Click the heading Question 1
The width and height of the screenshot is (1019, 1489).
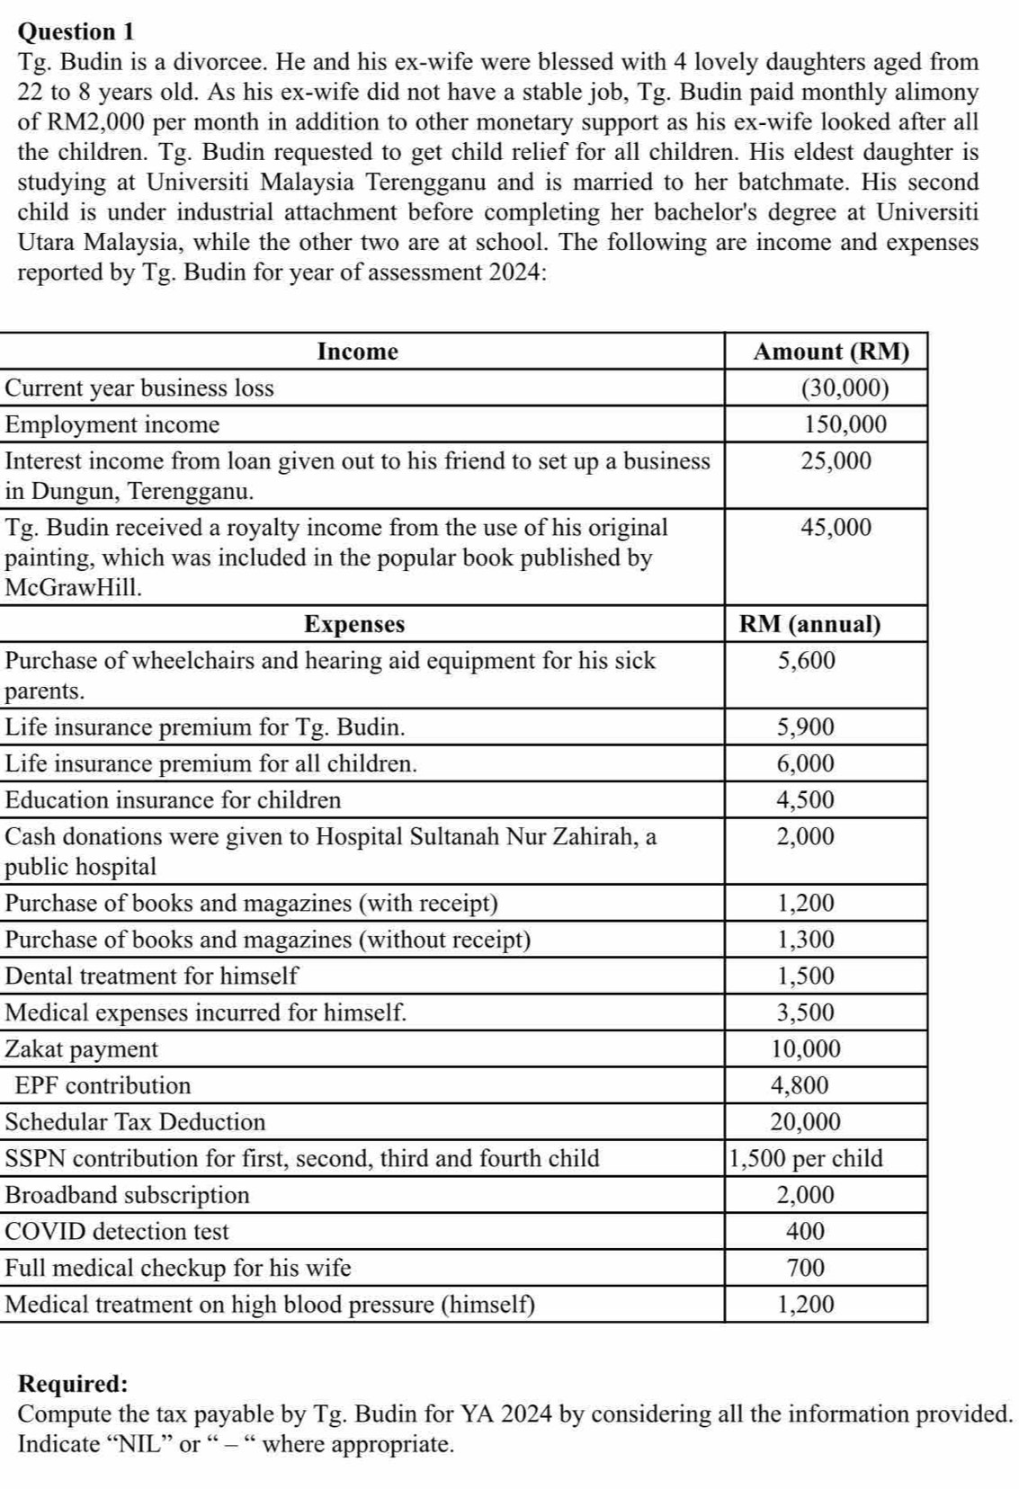[x=76, y=31]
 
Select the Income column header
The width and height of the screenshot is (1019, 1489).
[x=357, y=352]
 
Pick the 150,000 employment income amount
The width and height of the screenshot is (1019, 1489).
[x=845, y=424]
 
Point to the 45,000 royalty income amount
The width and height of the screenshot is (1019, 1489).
[x=836, y=527]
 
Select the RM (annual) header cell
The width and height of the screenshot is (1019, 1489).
[x=809, y=624]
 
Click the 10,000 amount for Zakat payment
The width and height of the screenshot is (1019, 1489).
[x=807, y=1049]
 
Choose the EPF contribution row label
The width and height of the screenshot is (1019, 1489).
[x=103, y=1085]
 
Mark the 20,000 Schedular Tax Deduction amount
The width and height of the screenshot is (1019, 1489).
[x=806, y=1122]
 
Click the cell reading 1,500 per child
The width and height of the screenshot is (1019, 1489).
[x=806, y=1158]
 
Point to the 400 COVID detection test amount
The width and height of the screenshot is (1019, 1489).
[x=806, y=1232]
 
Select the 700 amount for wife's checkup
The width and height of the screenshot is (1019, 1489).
[x=806, y=1268]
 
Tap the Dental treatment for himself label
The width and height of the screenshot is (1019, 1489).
[x=152, y=976]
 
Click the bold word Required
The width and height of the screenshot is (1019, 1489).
[x=73, y=1384]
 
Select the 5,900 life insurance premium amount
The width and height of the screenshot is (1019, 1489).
[x=806, y=727]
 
